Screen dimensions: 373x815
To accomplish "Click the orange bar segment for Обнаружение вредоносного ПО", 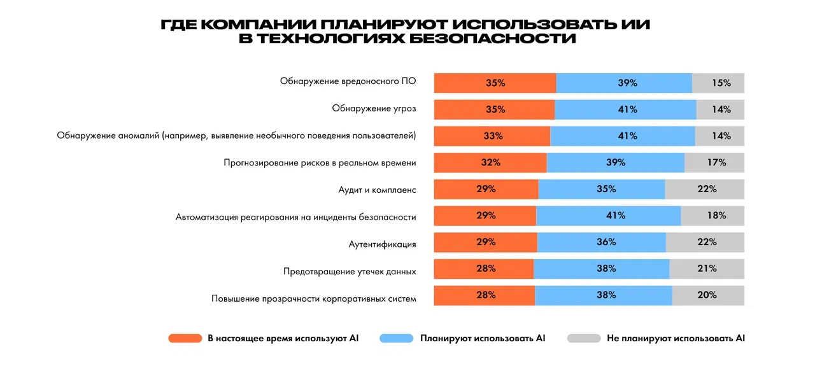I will point(495,83).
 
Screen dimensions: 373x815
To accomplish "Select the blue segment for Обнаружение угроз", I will point(625,109).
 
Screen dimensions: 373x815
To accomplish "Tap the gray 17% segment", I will point(714,162).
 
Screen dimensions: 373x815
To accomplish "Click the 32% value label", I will point(490,162).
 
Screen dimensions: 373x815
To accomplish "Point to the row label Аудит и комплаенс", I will point(377,190).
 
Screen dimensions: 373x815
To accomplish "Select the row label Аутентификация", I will point(382,244).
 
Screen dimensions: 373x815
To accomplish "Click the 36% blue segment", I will point(602,242).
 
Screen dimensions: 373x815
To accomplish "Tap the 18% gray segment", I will point(712,215).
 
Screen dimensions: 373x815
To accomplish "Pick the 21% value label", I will point(707,269).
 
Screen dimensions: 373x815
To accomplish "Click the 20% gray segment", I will point(708,295).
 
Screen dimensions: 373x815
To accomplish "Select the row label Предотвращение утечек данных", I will point(350,271).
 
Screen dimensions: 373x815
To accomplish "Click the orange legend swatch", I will point(185,339).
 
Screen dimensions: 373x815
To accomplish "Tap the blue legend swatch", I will point(396,339).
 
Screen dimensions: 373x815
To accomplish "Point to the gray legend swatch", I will point(584,339).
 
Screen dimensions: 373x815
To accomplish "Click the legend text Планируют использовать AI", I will point(483,339).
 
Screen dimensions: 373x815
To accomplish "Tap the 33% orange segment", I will point(492,136).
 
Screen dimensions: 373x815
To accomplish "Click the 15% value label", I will point(721,83).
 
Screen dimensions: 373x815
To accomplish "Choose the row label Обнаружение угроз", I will point(374,109).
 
